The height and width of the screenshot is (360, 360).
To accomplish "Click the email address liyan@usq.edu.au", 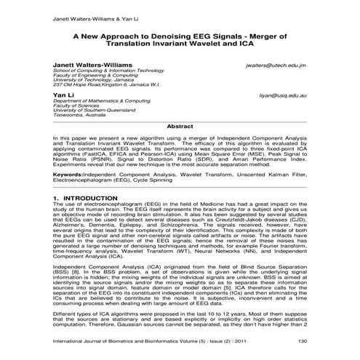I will (x=281, y=95).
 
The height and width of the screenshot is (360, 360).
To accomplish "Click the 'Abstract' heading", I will (x=180, y=127).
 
